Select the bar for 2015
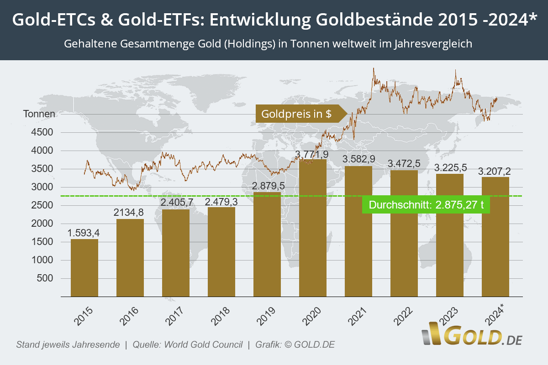click(84, 268)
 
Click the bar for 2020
click(313, 228)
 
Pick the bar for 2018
click(221, 252)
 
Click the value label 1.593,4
click(84, 233)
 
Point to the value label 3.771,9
click(312, 154)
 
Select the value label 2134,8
click(130, 212)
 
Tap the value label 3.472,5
click(404, 163)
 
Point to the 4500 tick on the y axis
click(44, 132)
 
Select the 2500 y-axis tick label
click(44, 205)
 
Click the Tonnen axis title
click(39, 114)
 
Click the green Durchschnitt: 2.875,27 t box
click(426, 205)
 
